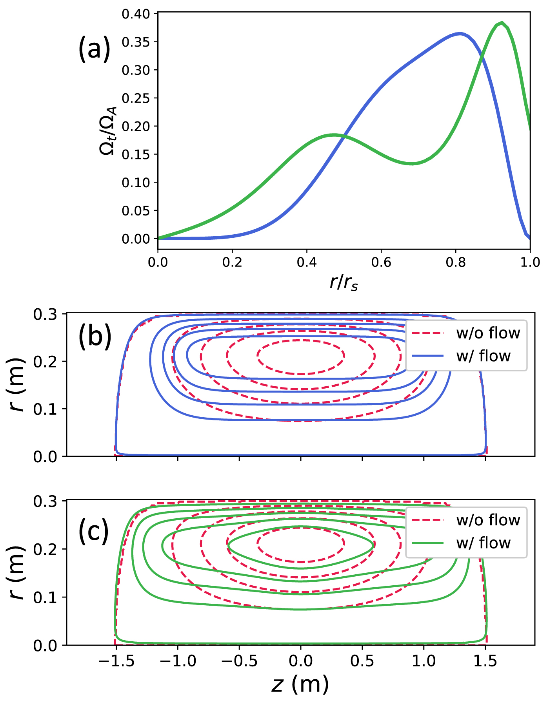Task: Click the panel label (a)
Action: pos(94,48)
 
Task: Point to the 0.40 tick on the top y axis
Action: pos(136,14)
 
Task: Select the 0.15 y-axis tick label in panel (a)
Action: pos(136,154)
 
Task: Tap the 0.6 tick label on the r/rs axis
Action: pos(381,262)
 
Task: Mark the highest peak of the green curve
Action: pos(502,23)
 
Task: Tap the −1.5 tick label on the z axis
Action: pos(116,661)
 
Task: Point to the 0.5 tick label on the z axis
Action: pos(362,661)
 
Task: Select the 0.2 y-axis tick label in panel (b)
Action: pos(45,361)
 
